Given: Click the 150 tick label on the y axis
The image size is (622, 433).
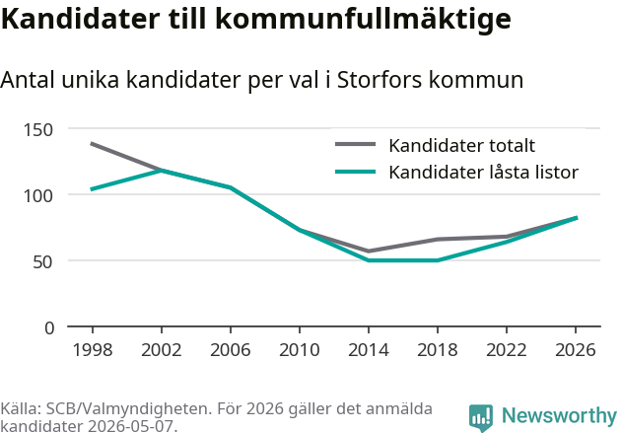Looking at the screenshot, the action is (38, 130).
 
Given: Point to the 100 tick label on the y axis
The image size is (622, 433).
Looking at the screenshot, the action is (38, 196).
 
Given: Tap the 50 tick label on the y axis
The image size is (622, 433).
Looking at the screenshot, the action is (42, 262).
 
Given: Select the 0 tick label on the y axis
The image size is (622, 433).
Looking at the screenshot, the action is (49, 328).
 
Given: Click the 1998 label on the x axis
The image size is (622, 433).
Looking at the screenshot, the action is (93, 350).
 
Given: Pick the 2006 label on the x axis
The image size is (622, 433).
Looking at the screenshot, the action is (231, 350).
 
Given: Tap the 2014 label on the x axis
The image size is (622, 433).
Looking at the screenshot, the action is (369, 350).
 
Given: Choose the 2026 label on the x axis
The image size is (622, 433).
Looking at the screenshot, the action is (576, 350).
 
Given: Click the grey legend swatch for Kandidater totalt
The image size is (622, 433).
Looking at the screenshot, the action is (356, 144).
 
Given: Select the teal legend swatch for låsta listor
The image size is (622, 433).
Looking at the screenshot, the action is (356, 172).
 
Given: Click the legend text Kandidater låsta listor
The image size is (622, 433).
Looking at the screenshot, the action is (484, 173).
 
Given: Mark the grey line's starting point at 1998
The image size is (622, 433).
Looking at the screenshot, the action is (92, 144).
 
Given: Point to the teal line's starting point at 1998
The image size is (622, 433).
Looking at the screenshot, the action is (92, 189).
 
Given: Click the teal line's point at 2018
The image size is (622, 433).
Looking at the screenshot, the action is (438, 260).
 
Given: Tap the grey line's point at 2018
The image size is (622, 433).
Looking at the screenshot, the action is (438, 240).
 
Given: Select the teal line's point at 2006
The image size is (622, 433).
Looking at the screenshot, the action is (231, 187).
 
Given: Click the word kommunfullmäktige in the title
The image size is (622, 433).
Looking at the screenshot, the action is (363, 19).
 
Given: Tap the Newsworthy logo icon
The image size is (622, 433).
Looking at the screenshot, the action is (481, 417).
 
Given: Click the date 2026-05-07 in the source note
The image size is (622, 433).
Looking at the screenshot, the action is (130, 426).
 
